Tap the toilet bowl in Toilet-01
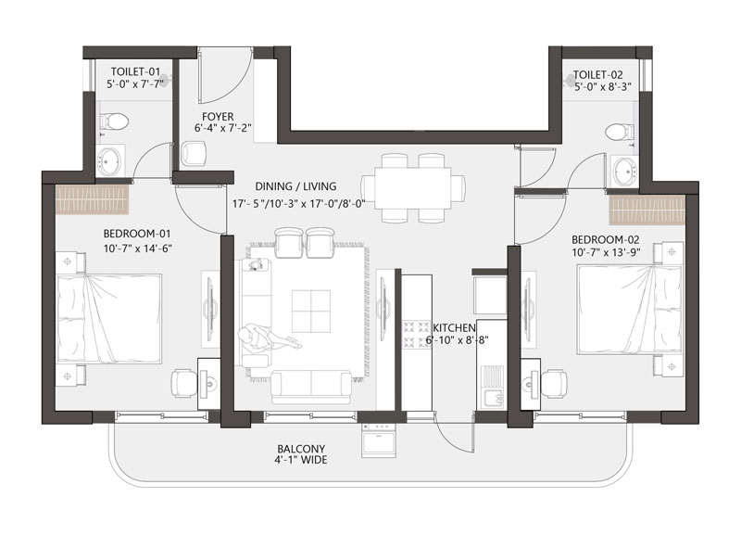pos(114,121)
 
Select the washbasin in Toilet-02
pos(624,171)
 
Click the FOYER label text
pos(218,117)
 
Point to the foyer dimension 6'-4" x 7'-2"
pos(222,128)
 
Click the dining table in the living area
pos(413,187)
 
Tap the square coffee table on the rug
pos(311,312)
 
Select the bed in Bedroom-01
pos(108,318)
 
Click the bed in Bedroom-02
pos(630,310)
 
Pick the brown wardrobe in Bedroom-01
pos(93,199)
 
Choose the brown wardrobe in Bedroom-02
pos(647,210)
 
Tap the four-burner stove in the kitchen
pos(415,335)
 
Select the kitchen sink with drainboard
pos(491,388)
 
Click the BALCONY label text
pos(302,449)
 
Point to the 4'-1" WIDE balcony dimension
pos(303,459)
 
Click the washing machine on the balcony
pos(379,439)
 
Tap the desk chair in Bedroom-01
pos(183,382)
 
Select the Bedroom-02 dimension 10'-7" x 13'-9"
pos(607,252)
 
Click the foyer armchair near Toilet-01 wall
pos(195,153)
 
